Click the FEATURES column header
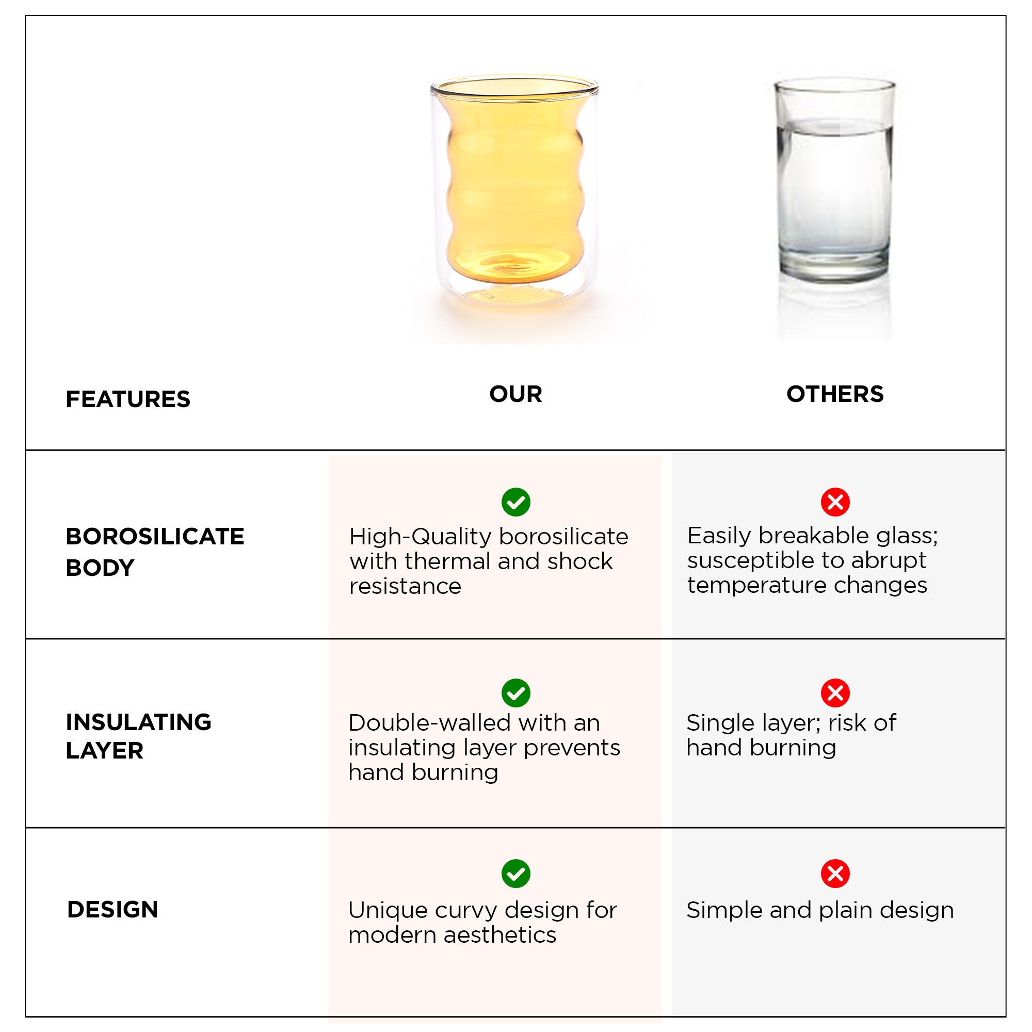coord(127,399)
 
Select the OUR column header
coord(515,394)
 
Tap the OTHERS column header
coord(835,394)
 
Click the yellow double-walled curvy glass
coord(514,189)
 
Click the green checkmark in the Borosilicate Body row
coord(516,502)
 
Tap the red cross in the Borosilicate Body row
coord(835,502)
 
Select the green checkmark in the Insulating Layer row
coord(516,694)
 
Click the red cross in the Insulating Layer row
coord(835,694)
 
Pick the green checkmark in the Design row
coord(516,874)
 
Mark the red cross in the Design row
coord(835,874)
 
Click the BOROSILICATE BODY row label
coord(155,552)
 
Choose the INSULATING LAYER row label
coord(138,736)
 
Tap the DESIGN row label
coord(112,910)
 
